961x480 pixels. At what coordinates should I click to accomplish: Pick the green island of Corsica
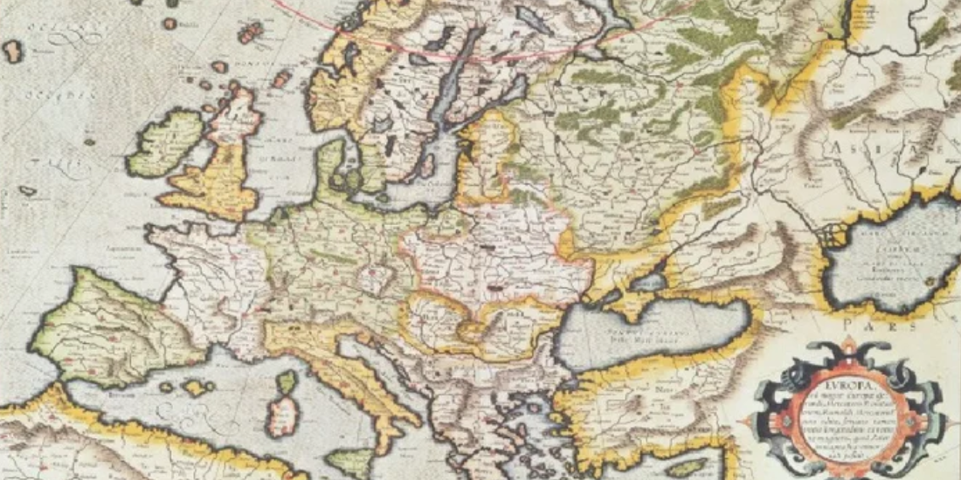click(x=287, y=381)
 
